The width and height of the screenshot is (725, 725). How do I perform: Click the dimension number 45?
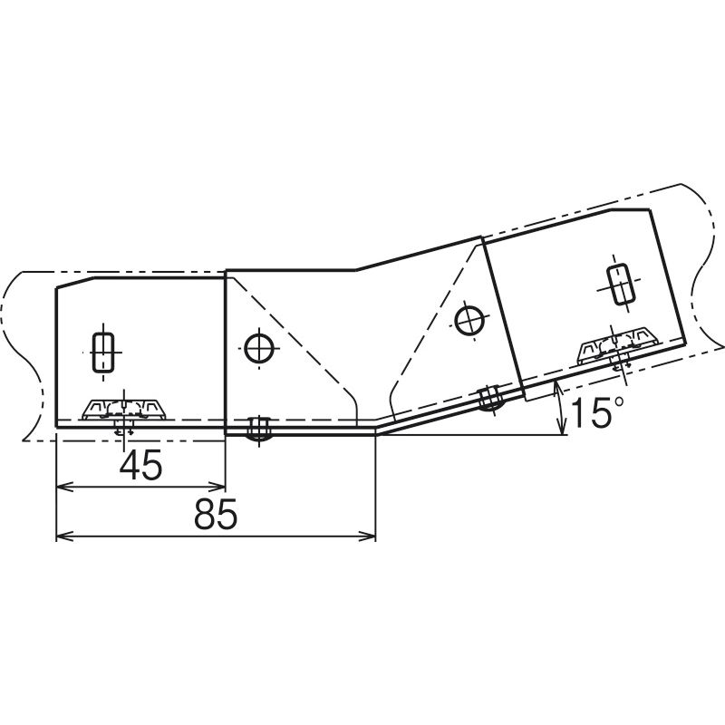point(141,465)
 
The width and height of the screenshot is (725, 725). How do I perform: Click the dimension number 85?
point(216,514)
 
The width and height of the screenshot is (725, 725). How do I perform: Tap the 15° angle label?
point(597,412)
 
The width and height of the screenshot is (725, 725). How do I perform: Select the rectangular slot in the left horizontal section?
point(103,352)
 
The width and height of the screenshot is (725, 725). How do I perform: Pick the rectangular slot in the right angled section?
point(619,285)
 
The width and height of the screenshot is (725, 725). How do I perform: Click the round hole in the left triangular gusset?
point(259,348)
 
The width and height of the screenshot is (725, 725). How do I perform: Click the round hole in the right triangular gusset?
point(469,321)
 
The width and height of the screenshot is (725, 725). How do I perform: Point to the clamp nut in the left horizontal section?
point(124,410)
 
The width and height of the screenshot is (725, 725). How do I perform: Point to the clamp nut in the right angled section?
point(619,346)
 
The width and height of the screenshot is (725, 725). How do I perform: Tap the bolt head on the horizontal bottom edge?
point(259,429)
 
